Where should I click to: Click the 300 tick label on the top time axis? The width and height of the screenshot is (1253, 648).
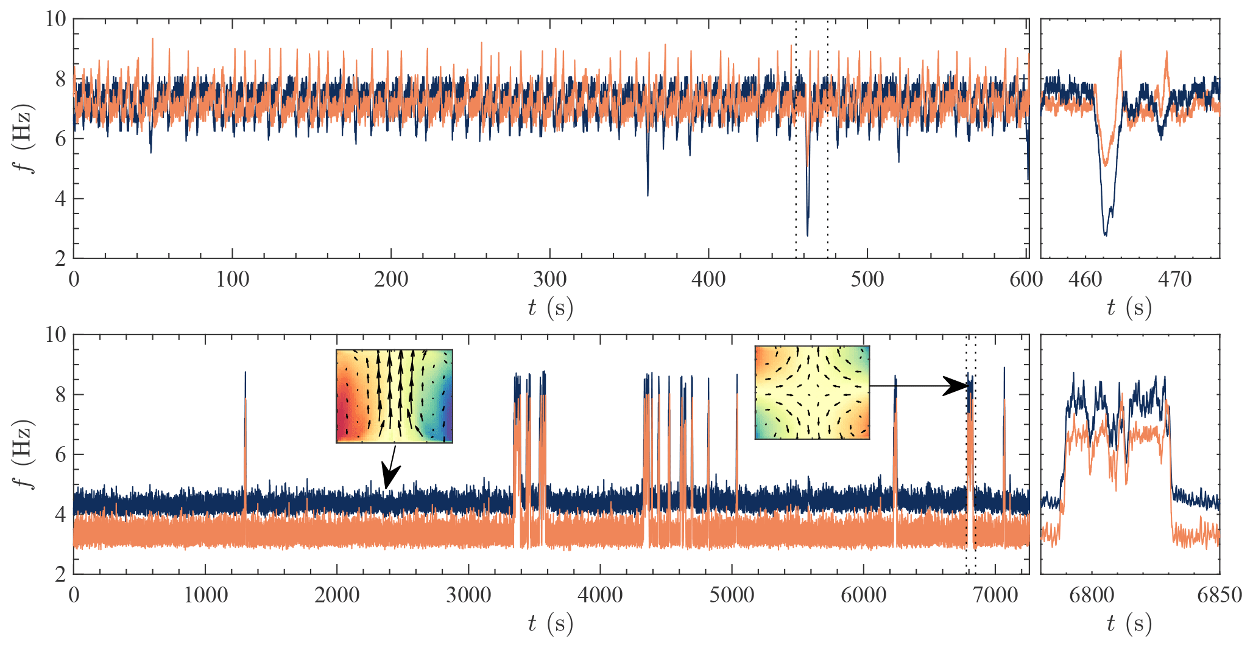pos(549,280)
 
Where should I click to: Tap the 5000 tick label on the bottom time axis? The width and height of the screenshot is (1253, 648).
pos(732,595)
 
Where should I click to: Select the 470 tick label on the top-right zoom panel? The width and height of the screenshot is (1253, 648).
pos(1174,280)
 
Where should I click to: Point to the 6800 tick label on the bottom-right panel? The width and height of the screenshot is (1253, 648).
pos(1092,595)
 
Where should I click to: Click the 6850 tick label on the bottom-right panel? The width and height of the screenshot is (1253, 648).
pos(1219,595)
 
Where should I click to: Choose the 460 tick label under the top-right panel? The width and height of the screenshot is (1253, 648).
pos(1085,280)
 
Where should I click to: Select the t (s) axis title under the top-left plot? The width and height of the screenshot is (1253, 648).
pos(550,308)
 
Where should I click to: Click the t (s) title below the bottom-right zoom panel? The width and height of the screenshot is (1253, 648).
pos(1129,624)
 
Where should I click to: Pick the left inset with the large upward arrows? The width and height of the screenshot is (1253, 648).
pos(394,396)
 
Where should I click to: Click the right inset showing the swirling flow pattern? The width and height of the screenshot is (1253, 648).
pos(812,392)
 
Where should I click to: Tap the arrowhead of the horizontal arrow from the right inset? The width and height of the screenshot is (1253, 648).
pos(958,386)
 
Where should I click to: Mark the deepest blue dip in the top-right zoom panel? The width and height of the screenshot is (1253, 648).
pos(1106,234)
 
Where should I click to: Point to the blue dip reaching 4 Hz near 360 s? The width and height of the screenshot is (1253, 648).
pos(648,195)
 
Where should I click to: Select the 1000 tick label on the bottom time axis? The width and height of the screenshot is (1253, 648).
pos(205,595)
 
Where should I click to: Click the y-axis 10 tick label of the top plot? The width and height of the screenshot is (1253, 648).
pos(55,19)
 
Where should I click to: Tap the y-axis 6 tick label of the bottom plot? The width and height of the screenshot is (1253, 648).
pos(60,455)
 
